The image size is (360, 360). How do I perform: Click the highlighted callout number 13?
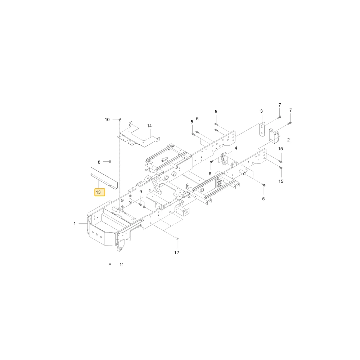coord(100,192)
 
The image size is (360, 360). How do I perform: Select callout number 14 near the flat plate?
coord(149,126)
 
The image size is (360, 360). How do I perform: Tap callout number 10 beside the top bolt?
coord(107,120)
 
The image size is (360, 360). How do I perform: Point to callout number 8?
coord(99,162)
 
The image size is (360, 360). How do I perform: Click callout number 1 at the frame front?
coord(75,224)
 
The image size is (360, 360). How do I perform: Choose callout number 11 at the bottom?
coord(122,265)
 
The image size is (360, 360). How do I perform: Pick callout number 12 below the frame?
coord(176,253)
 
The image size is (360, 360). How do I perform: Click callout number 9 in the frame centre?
coord(140,192)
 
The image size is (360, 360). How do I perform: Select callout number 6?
coord(210,174)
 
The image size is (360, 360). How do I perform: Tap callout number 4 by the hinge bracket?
coord(236,148)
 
